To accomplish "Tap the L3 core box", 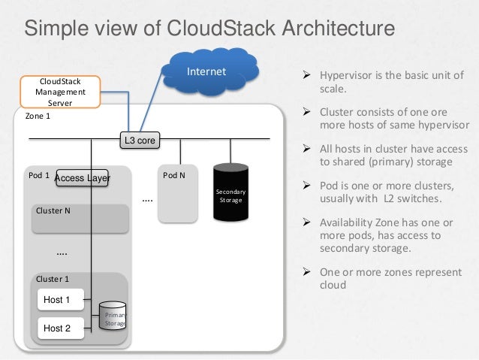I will click(x=140, y=141).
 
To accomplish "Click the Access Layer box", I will click(x=83, y=178).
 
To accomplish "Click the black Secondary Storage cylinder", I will click(x=230, y=193).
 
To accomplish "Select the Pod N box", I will click(x=178, y=194).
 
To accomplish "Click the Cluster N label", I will click(x=53, y=210).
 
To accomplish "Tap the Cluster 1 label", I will click(x=53, y=279).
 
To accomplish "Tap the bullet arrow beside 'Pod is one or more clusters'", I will click(x=306, y=185).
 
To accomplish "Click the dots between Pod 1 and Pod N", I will click(x=147, y=201).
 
